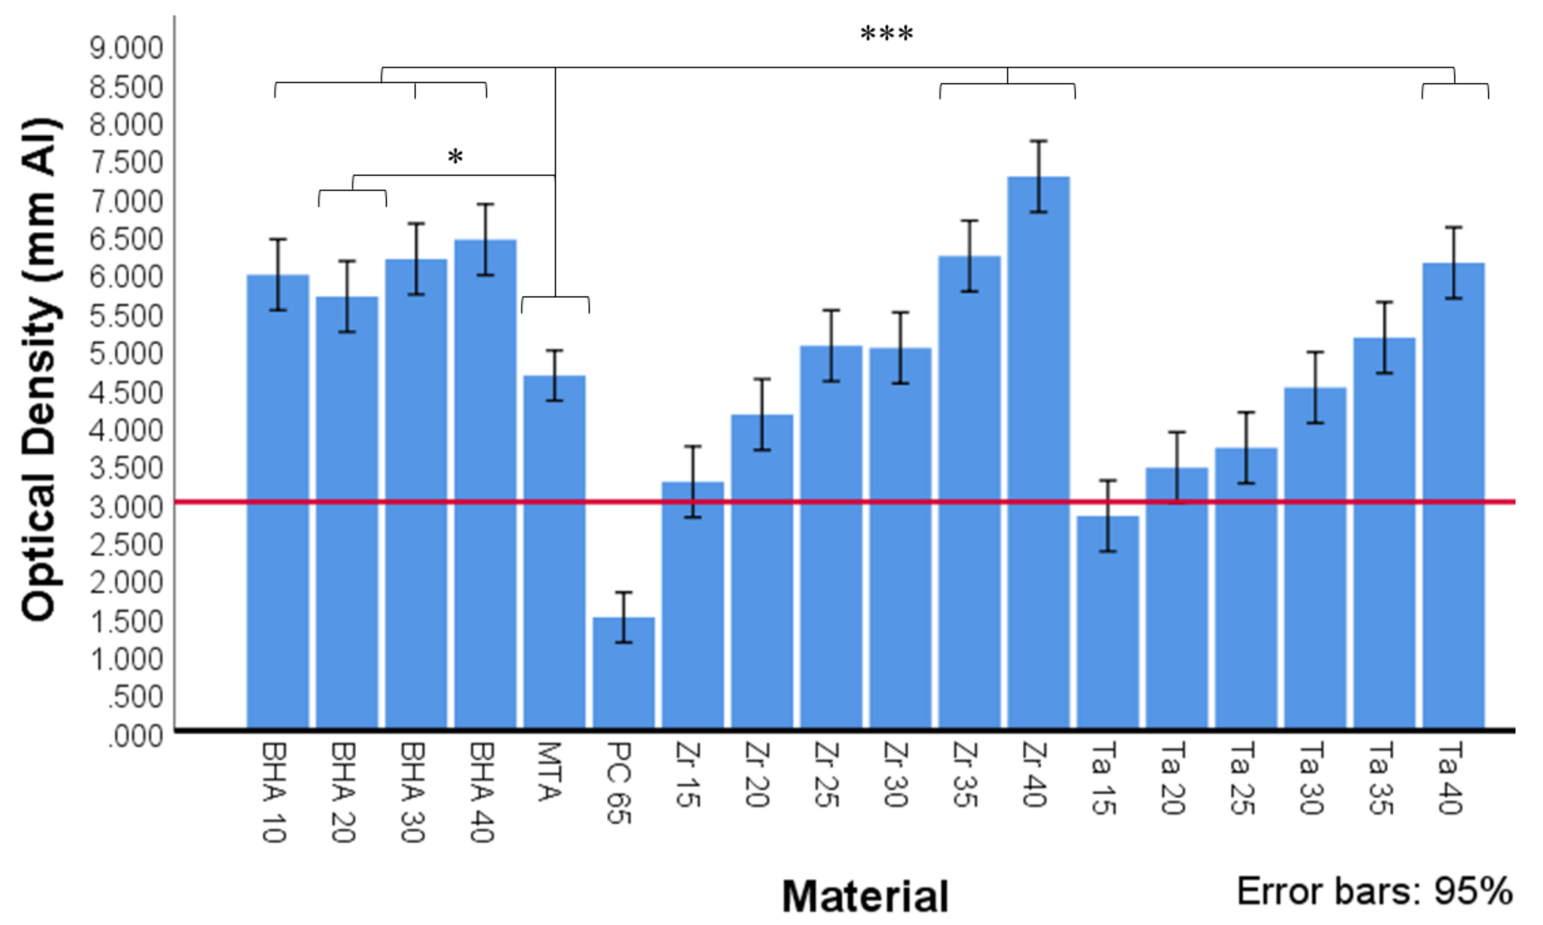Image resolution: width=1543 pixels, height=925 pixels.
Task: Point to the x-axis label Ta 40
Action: point(1450,779)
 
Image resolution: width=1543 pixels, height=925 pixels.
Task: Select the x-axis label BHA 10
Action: point(273,791)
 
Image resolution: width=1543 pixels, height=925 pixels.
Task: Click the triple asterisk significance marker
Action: point(887,34)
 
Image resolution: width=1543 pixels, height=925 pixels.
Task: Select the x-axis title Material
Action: point(865,896)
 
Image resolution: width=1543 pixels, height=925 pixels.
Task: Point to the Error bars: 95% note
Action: point(1375,891)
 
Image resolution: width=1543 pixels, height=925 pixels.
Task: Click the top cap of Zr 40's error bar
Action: point(1039,142)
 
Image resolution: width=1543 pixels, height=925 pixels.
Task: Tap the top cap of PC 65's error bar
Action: point(623,592)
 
